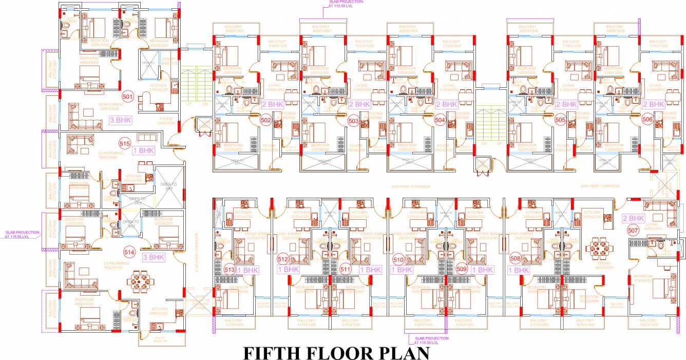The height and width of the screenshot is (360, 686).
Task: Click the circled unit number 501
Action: (127, 96)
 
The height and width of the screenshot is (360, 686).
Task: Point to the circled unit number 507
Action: (633, 231)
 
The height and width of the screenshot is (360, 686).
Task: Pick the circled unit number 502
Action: (265, 120)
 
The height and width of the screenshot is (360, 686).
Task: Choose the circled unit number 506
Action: (647, 120)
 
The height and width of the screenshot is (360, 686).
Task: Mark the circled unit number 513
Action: (230, 269)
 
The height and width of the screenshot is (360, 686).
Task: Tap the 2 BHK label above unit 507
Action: (633, 218)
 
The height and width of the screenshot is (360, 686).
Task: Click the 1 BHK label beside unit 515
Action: (143, 151)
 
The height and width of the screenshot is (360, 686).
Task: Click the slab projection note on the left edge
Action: (22, 234)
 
